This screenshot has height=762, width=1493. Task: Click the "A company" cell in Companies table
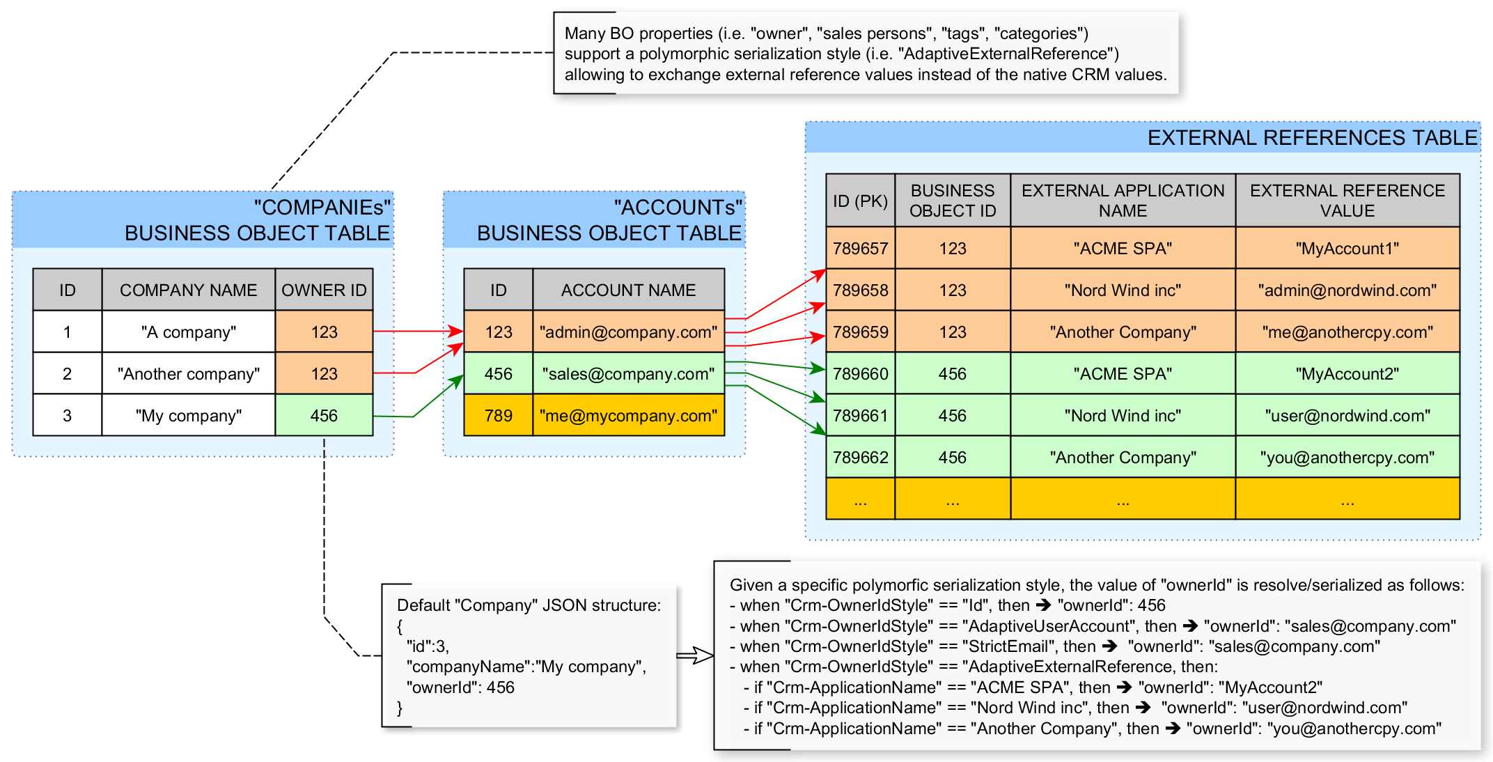pyautogui.click(x=188, y=332)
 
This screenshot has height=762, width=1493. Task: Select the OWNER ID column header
pyautogui.click(x=324, y=290)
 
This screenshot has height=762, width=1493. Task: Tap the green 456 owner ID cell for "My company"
pyautogui.click(x=324, y=416)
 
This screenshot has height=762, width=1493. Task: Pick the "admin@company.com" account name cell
pyautogui.click(x=628, y=332)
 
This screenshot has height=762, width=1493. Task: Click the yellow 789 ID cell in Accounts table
pyautogui.click(x=498, y=416)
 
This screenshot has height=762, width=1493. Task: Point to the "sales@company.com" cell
pyautogui.click(x=628, y=374)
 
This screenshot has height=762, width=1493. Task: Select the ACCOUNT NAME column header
pyautogui.click(x=628, y=290)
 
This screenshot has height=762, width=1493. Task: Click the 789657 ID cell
pyautogui.click(x=860, y=249)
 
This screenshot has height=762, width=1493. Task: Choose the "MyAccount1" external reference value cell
pyautogui.click(x=1347, y=249)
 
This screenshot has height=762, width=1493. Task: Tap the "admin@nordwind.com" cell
pyautogui.click(x=1347, y=290)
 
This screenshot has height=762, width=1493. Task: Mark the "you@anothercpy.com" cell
pyautogui.click(x=1347, y=458)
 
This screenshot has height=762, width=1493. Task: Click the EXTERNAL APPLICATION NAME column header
pyautogui.click(x=1123, y=201)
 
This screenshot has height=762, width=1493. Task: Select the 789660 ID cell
pyautogui.click(x=860, y=374)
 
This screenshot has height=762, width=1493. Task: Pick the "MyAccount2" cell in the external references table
pyautogui.click(x=1347, y=374)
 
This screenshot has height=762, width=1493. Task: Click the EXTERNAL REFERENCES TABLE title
pyautogui.click(x=1312, y=138)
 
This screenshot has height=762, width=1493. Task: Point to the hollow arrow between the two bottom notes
pyautogui.click(x=695, y=655)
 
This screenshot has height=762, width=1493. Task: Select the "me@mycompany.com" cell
pyautogui.click(x=628, y=416)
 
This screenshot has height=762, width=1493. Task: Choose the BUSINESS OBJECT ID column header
pyautogui.click(x=952, y=201)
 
